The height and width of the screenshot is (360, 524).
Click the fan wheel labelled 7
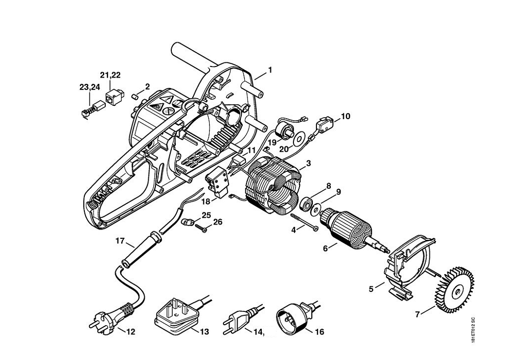tap(454, 289)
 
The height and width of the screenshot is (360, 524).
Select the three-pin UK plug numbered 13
tap(176, 312)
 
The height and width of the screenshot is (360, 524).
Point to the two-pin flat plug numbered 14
tap(236, 321)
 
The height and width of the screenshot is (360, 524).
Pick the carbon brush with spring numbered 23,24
tap(90, 109)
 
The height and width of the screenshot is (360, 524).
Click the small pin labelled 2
tap(135, 95)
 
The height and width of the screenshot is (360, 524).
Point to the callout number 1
tap(270, 70)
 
